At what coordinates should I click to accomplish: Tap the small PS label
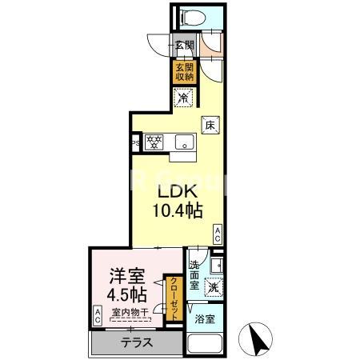(x=136, y=145)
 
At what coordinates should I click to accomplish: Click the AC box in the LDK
(x=218, y=234)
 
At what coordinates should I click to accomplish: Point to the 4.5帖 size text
(x=126, y=294)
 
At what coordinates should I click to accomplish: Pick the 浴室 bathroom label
(x=205, y=319)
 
